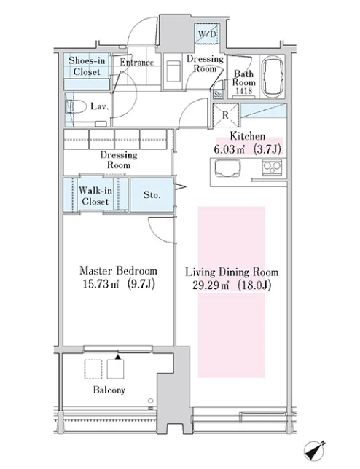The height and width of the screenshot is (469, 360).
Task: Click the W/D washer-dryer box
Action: click(x=207, y=33)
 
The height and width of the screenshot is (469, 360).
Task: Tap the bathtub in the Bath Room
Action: click(x=273, y=76)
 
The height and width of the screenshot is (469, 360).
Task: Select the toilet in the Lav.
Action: click(x=74, y=106)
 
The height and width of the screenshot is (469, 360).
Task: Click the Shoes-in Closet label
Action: click(x=87, y=66)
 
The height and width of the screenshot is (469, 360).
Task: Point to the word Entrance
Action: click(x=137, y=62)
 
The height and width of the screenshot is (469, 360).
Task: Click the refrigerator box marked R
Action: click(x=225, y=115)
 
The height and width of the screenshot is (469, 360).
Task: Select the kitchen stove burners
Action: click(x=272, y=167)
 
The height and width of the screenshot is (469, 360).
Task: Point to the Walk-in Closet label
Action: click(x=95, y=196)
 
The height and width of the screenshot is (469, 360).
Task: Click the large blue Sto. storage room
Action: click(x=152, y=195)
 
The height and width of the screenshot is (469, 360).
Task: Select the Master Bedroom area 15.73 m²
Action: click(x=101, y=284)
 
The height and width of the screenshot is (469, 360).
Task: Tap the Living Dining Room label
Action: click(x=232, y=272)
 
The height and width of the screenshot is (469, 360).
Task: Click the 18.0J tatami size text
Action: click(x=254, y=285)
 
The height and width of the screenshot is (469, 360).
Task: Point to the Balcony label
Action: click(x=109, y=390)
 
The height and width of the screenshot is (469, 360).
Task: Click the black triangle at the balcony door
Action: click(x=118, y=357)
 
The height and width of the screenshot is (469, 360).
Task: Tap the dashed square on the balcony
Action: click(x=93, y=369)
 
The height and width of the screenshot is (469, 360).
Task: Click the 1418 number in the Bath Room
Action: click(x=244, y=91)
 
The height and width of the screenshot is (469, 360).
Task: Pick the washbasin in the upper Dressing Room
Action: click(x=173, y=71)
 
